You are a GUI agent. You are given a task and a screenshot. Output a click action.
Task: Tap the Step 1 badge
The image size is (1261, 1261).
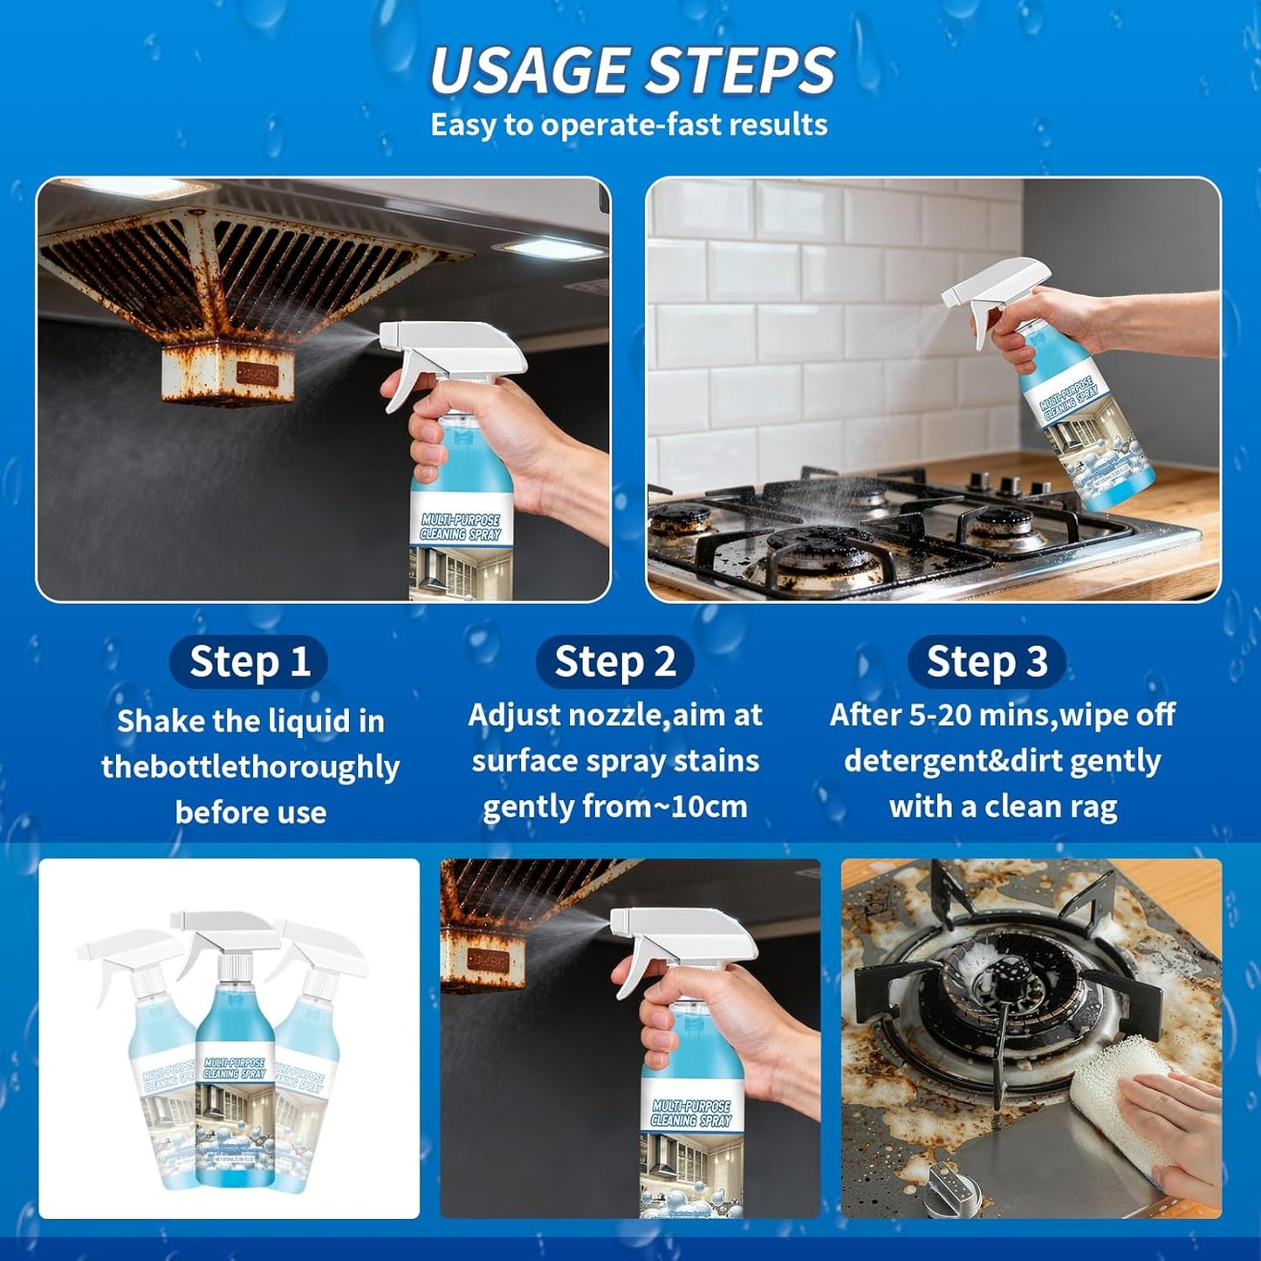click(250, 661)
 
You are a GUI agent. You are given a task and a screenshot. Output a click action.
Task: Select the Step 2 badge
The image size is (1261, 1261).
click(614, 661)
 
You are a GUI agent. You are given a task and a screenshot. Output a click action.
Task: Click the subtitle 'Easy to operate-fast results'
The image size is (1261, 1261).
click(628, 125)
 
